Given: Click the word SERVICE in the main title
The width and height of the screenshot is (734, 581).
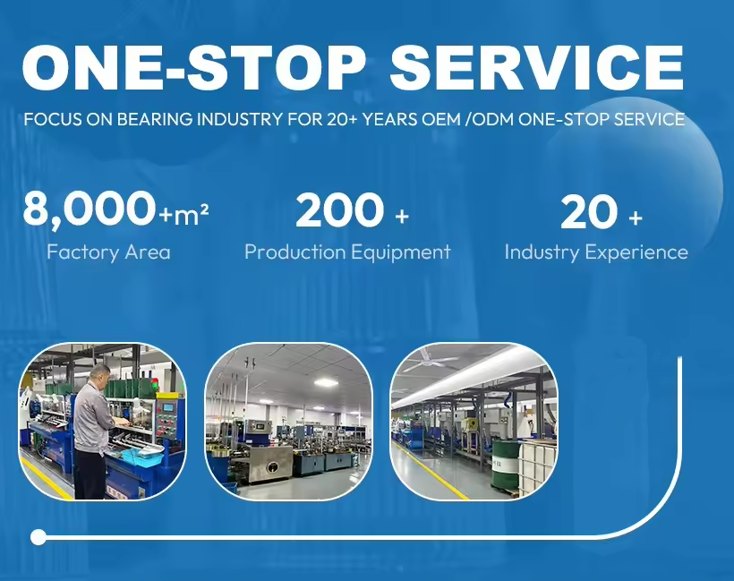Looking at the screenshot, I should (538, 66).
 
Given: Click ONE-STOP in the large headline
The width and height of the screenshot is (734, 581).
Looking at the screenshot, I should (193, 66).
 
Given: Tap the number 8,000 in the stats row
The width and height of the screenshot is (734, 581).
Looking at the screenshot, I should (89, 210).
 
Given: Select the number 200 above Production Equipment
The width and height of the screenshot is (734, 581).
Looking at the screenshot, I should (338, 211).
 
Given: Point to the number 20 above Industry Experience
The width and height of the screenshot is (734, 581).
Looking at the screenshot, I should (588, 212).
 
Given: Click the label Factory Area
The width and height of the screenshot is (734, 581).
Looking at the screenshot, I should (108, 252).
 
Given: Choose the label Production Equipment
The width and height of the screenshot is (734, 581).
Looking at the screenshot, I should (347, 252).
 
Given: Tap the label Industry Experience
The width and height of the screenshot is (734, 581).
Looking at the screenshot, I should (596, 252).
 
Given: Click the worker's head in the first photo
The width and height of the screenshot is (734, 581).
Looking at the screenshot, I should (100, 372).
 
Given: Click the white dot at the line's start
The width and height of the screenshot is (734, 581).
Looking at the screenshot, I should (38, 537).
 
